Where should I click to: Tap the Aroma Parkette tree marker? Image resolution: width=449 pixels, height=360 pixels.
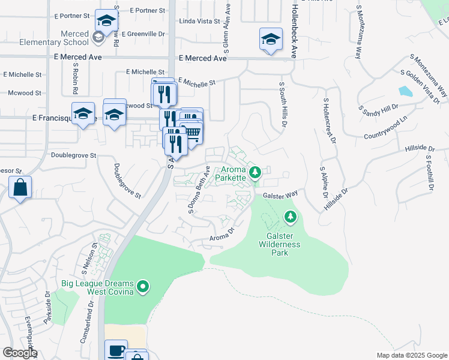(255, 173)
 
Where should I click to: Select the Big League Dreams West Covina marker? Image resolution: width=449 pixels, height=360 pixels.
(143, 287)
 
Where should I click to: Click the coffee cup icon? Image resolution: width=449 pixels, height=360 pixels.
(116, 350)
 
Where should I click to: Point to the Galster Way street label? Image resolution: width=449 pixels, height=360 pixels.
(280, 195)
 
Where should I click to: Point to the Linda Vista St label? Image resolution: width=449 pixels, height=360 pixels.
(200, 21)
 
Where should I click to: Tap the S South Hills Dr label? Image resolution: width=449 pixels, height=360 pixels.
(282, 104)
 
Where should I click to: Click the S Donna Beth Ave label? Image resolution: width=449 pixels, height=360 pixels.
(199, 190)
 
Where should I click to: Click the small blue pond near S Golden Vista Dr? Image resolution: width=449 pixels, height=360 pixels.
(405, 91)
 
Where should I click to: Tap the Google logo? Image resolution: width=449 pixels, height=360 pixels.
(19, 353)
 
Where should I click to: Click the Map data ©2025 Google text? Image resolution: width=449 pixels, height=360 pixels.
(411, 355)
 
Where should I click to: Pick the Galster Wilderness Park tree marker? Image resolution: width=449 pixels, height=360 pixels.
(291, 216)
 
